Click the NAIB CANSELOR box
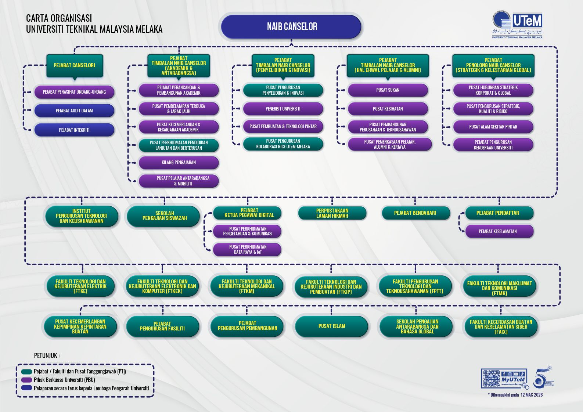tap(292, 26)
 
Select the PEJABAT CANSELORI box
tap(75, 65)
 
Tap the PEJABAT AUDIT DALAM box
tap(74, 111)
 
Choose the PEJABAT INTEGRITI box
tap(74, 130)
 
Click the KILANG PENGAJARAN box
tap(179, 162)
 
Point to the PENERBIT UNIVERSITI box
tap(283, 109)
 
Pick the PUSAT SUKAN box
tap(388, 90)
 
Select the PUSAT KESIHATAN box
tap(388, 109)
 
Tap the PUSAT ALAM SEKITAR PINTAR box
tap(493, 127)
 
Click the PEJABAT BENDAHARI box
tap(415, 213)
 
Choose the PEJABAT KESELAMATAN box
tap(498, 231)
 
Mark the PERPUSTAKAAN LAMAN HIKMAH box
tap(332, 213)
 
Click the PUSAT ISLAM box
tap(332, 326)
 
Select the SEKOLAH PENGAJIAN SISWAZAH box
tap(164, 216)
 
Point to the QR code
tap(491, 378)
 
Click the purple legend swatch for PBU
tap(26, 380)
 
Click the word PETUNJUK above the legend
tap(46, 355)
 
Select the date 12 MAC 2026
tap(531, 395)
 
